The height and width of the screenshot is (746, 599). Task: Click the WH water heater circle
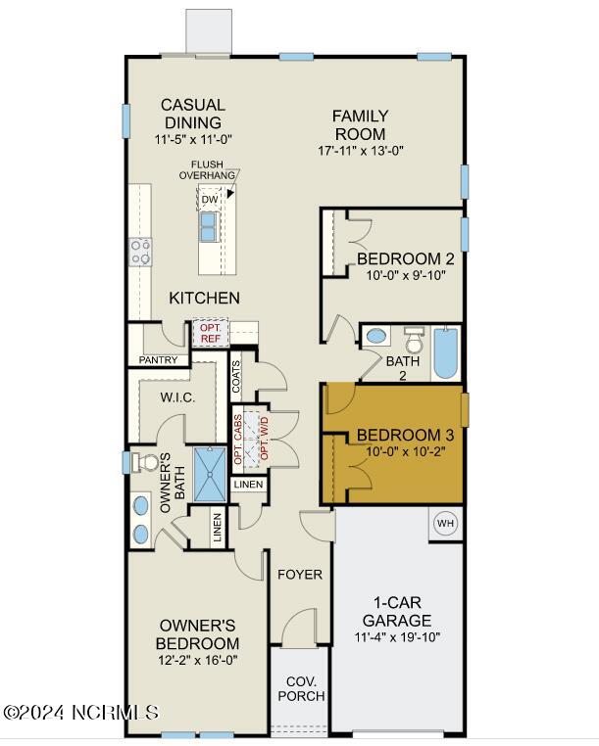(x=445, y=524)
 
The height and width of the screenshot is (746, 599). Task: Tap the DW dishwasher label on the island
(x=210, y=200)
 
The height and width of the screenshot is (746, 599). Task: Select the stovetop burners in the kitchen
(x=141, y=253)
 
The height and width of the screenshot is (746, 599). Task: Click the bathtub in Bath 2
(x=446, y=353)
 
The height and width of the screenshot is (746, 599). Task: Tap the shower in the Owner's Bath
(x=210, y=474)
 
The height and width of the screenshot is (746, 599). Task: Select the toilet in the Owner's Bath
(x=145, y=462)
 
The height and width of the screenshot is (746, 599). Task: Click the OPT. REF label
(x=210, y=333)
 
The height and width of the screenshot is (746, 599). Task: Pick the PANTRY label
(x=158, y=360)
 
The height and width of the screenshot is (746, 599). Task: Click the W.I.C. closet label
(x=177, y=397)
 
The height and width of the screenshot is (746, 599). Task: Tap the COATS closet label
(x=236, y=377)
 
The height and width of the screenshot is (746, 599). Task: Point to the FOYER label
(x=300, y=575)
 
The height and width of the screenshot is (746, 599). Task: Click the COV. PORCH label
(x=301, y=688)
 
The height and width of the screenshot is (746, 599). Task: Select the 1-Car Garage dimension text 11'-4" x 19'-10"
(x=397, y=637)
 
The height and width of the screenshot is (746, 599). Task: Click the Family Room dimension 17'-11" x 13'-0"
(x=360, y=151)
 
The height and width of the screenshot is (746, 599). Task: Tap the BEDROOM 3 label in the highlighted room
(x=405, y=435)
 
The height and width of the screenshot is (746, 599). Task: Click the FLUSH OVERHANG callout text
(x=207, y=169)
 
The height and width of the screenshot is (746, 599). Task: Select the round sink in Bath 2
(x=376, y=336)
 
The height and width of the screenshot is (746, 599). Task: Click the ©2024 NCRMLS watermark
(x=80, y=713)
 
